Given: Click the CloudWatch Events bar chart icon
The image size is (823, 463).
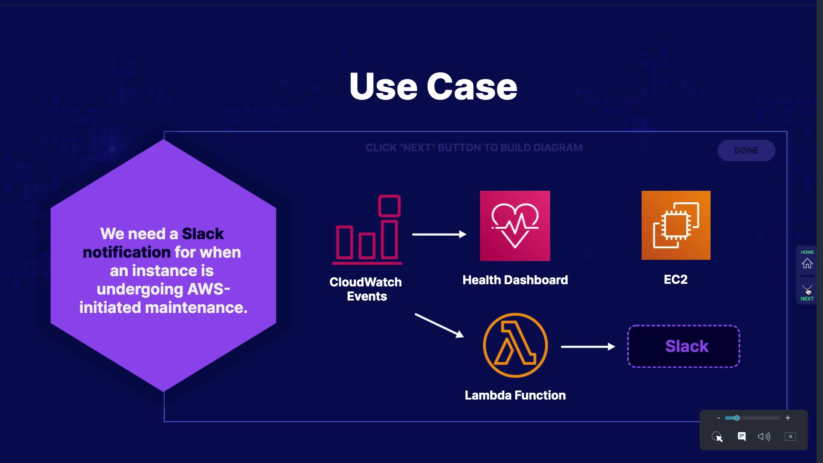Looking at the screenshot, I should (x=367, y=229).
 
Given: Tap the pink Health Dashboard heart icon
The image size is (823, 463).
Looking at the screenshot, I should (x=515, y=226).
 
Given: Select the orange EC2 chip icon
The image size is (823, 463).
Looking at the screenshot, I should (x=676, y=225).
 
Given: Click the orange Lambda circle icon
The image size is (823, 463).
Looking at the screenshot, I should (x=515, y=345).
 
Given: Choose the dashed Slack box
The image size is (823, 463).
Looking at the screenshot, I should (x=684, y=346).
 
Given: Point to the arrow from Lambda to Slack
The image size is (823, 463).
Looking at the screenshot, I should (x=588, y=346).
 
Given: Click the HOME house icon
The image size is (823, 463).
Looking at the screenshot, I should (x=807, y=263).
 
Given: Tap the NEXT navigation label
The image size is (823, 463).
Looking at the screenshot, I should (x=807, y=298).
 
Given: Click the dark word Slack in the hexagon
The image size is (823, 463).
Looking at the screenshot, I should (x=203, y=234).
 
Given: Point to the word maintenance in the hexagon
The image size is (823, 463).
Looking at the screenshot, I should (x=196, y=307).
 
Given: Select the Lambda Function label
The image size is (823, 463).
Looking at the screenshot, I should (x=515, y=395).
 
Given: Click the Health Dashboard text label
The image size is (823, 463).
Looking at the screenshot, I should (x=515, y=280).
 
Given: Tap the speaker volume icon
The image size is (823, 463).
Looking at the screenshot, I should (x=764, y=436).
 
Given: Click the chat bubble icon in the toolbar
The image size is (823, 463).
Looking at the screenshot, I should (x=742, y=436).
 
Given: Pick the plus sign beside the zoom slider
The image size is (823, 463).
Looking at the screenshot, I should (x=788, y=418).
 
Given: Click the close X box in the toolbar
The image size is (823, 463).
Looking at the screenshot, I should (x=790, y=436).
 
